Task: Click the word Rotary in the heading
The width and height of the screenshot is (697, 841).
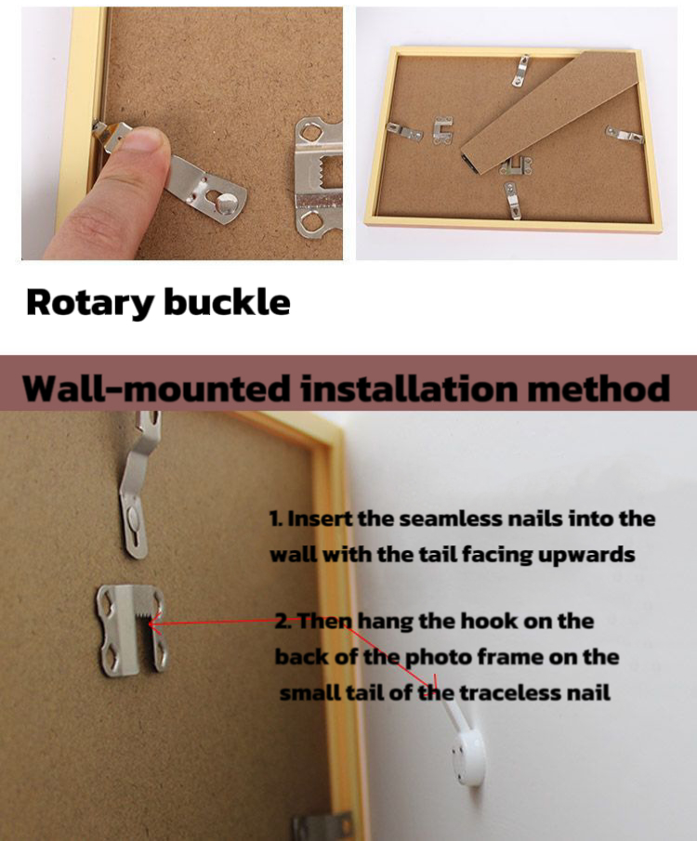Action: [90, 303]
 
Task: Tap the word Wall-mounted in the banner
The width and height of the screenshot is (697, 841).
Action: [157, 388]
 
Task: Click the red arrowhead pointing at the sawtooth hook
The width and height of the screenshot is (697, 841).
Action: [153, 624]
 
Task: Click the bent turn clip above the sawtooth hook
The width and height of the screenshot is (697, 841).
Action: [138, 488]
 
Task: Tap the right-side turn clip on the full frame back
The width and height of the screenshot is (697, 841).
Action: [625, 135]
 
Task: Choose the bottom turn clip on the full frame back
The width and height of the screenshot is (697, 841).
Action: [512, 200]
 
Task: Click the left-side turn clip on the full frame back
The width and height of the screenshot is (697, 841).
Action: [404, 131]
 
